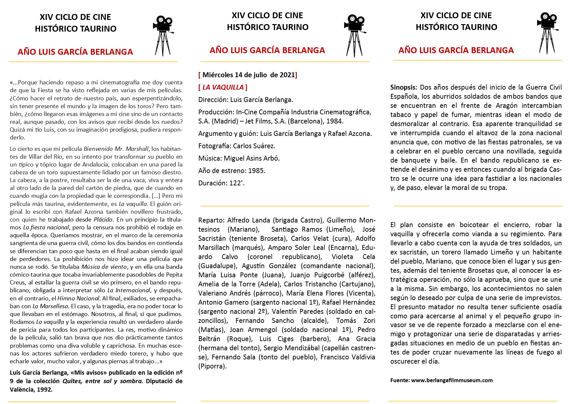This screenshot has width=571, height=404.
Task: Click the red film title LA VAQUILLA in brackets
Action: pyautogui.click(x=223, y=87)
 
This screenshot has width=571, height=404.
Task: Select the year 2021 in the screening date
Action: pyautogui.click(x=287, y=75)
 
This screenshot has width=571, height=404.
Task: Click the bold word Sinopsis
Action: pyautogui.click(x=403, y=87)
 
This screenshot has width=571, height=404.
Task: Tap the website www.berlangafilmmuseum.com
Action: pyautogui.click(x=452, y=380)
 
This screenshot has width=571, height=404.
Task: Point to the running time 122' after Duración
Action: pyautogui.click(x=237, y=183)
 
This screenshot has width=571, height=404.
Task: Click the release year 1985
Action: pyautogui.click(x=257, y=171)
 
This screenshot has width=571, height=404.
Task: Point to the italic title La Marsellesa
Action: pyautogui.click(x=50, y=306)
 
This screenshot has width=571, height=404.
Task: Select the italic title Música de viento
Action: pyautogui.click(x=104, y=267)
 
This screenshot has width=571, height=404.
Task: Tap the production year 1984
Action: pyautogui.click(x=335, y=121)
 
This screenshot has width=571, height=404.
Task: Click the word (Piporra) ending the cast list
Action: pyautogui.click(x=212, y=366)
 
